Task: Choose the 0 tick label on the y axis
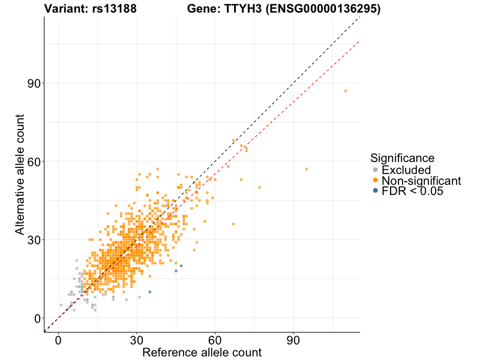pos(37,318)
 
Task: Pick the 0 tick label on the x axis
pos(58,340)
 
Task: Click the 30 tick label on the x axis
pos(137,340)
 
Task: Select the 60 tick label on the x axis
pos(215,340)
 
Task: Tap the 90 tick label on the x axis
pos(293,340)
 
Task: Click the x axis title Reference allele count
pos(202,352)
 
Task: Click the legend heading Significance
pos(402,158)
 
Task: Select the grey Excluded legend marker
pos(376,170)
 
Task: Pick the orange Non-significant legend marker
pos(376,180)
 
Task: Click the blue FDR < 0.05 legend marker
pos(376,191)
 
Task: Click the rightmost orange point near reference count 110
pos(346,91)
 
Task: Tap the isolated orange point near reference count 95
pos(306,169)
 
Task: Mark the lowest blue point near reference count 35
pos(149,292)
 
